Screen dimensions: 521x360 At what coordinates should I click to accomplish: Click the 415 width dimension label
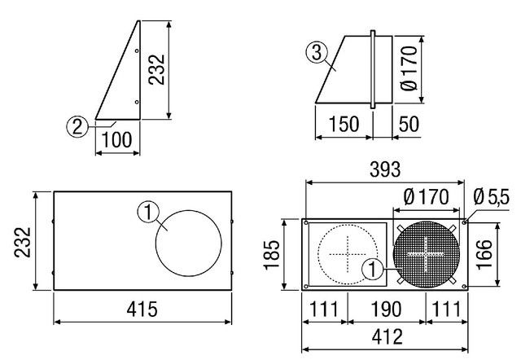[x=142, y=310]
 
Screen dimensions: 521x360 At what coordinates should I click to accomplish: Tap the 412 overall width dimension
[x=387, y=336]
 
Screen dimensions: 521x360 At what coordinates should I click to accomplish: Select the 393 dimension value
[x=385, y=169]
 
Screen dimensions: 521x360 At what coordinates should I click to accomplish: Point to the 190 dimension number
[x=386, y=310]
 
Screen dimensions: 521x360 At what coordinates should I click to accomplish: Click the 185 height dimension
[x=271, y=255]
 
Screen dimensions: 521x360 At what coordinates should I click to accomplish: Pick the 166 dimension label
[x=484, y=254]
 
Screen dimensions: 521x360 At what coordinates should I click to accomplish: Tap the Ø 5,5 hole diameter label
[x=491, y=197]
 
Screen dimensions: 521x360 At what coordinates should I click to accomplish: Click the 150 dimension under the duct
[x=344, y=124]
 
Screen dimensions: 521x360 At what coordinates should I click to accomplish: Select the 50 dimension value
[x=409, y=124]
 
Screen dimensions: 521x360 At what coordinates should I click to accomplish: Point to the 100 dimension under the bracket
[x=117, y=140]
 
